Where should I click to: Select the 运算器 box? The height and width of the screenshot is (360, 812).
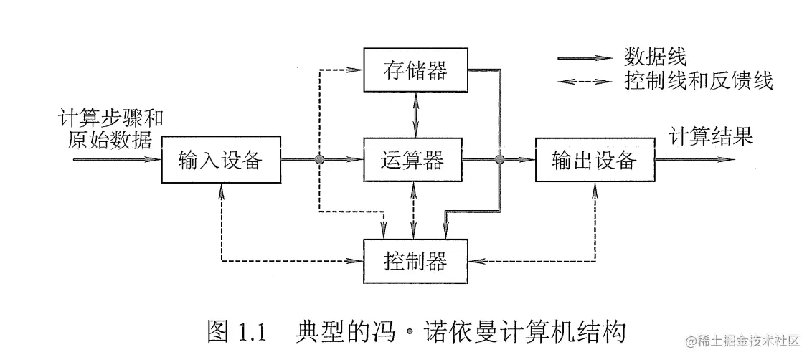412,160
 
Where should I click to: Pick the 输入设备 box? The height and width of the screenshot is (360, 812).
220,160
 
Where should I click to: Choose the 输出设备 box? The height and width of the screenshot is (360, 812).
595,160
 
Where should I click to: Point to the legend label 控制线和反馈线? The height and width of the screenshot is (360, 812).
699,80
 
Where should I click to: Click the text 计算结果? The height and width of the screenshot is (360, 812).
711,136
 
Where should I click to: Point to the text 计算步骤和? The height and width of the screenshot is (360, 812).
114,117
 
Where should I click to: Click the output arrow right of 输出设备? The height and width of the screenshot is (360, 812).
696,160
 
